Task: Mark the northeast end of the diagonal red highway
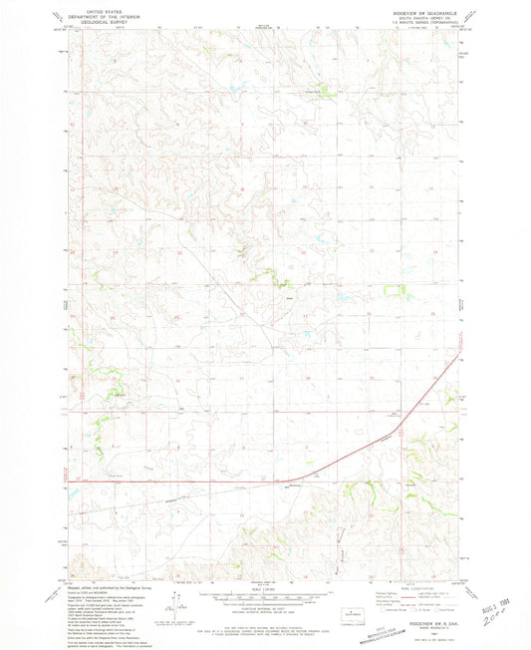click(x=460, y=350)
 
